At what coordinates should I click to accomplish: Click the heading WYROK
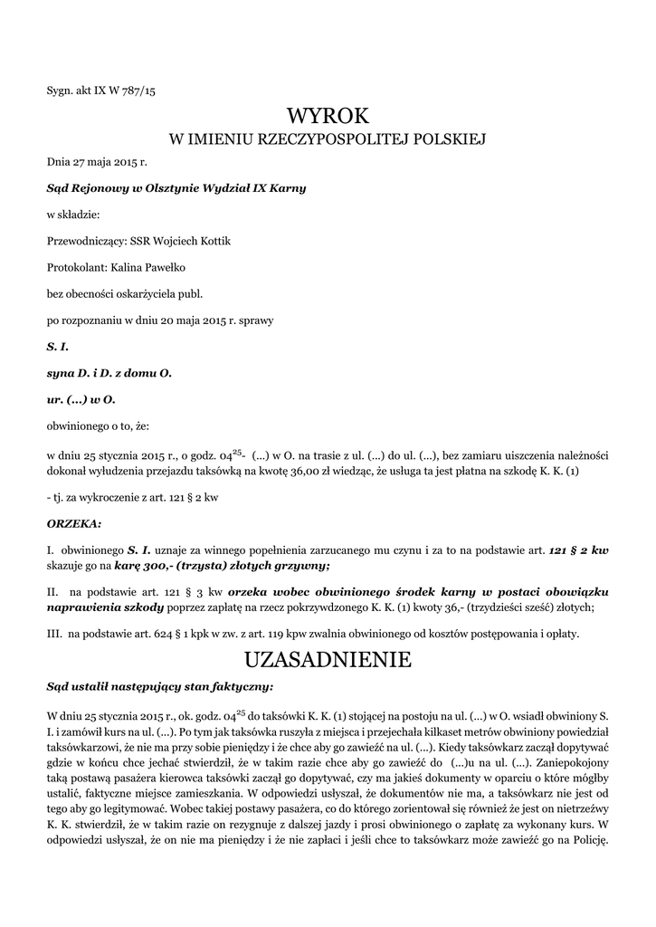[328, 115]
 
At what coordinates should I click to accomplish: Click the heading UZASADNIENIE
[328, 660]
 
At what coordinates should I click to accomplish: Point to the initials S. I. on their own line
[58, 347]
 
